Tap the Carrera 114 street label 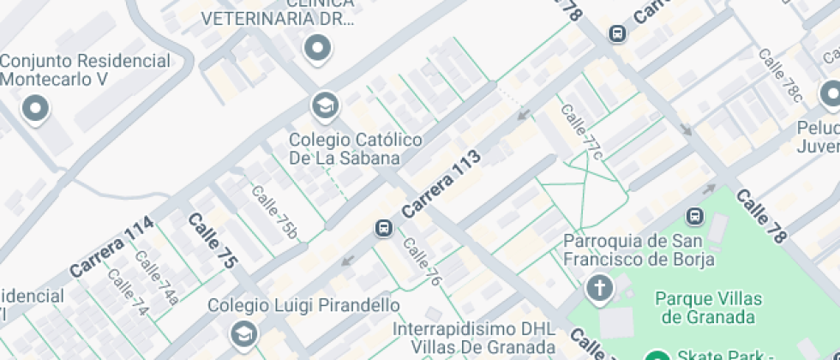[x=112, y=246]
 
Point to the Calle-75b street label [x=274, y=211]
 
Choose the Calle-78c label [x=780, y=75]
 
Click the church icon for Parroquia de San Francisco [x=600, y=288]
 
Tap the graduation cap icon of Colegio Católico [x=325, y=106]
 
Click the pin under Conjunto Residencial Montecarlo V [x=35, y=109]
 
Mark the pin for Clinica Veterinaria [x=318, y=48]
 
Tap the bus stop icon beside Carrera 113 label [x=383, y=228]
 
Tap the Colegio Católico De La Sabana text [x=344, y=148]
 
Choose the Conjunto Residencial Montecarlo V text [x=85, y=70]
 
